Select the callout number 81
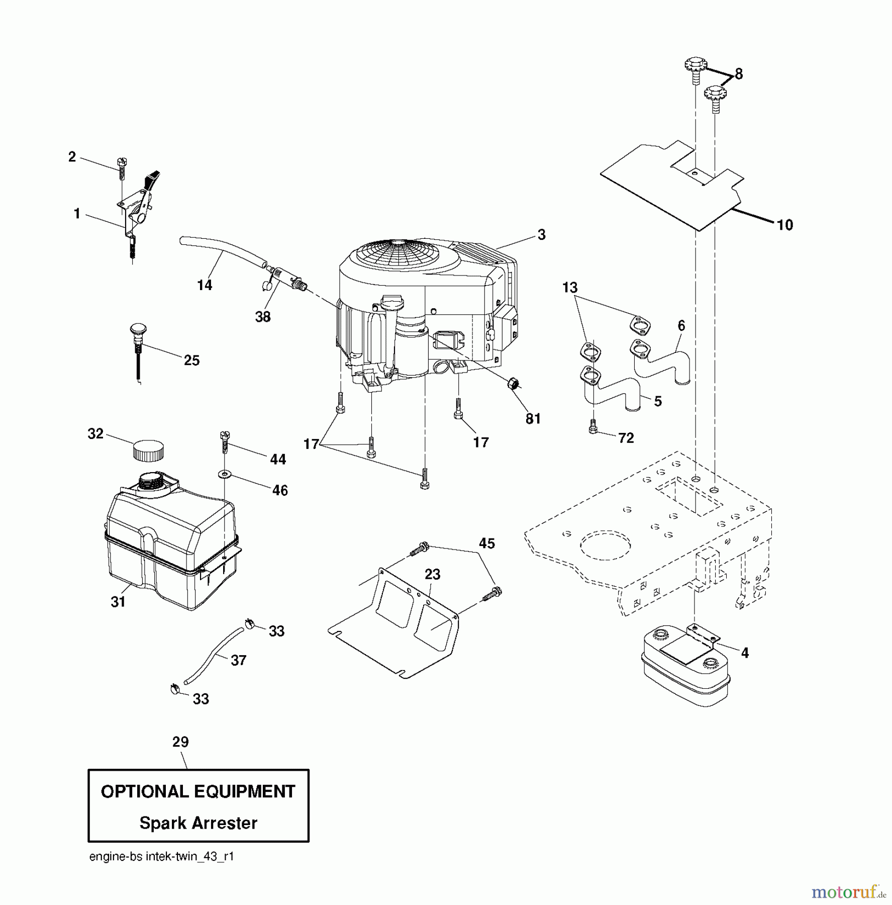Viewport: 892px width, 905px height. (x=533, y=418)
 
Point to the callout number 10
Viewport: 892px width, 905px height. (x=784, y=225)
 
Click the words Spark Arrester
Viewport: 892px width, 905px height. (x=198, y=823)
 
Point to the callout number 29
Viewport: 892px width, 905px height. (x=180, y=742)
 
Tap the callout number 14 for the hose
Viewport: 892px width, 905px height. (x=205, y=285)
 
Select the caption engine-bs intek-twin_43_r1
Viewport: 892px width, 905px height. (x=161, y=857)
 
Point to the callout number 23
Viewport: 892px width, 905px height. (x=432, y=574)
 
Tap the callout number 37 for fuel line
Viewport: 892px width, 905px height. (x=238, y=660)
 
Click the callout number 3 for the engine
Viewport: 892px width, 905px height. (x=541, y=234)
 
